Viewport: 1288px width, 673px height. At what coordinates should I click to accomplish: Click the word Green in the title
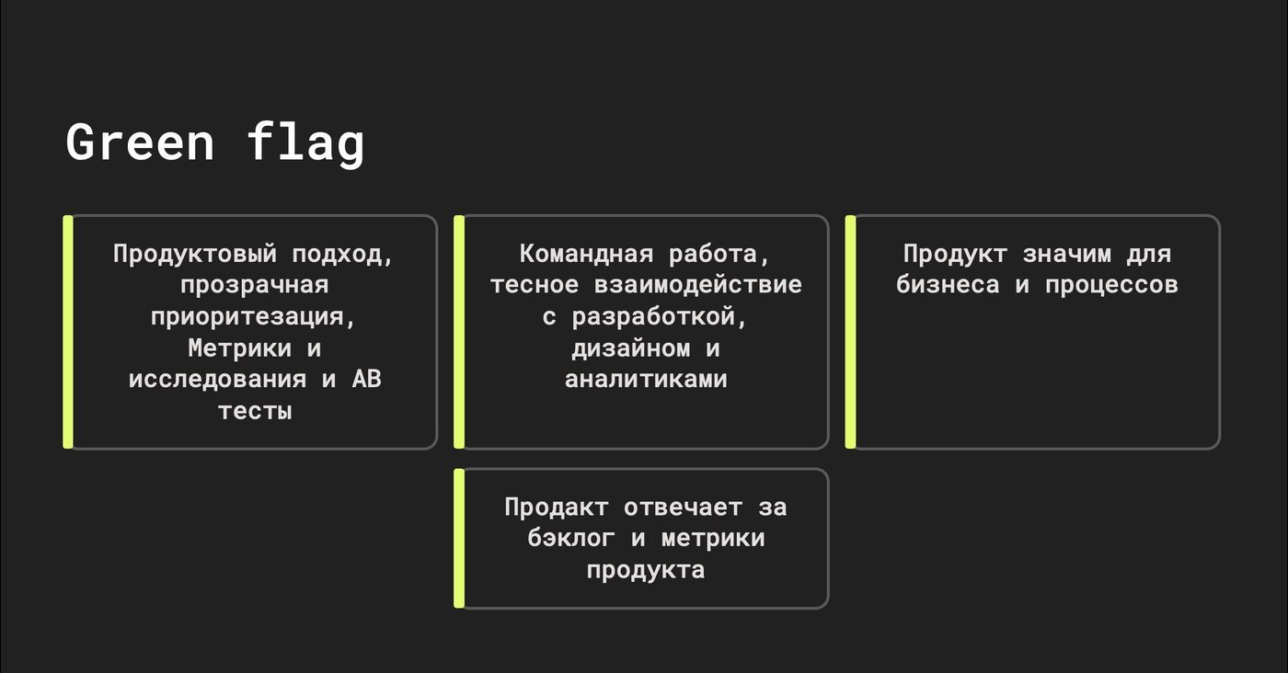[x=140, y=142]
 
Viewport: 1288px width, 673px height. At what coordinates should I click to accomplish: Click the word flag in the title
[x=305, y=143]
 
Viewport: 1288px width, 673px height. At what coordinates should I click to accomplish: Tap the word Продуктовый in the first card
[x=195, y=255]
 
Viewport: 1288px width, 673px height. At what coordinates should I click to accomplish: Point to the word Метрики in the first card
[x=240, y=348]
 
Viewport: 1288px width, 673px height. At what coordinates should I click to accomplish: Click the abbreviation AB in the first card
[x=367, y=380]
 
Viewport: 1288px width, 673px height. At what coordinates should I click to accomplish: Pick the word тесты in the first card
[x=255, y=412]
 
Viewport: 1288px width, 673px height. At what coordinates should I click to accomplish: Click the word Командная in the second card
[x=587, y=254]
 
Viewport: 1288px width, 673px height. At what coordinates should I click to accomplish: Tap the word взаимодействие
[x=698, y=285]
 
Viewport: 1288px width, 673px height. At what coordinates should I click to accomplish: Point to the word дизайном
[x=631, y=348]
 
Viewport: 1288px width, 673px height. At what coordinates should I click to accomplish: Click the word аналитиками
[x=646, y=380]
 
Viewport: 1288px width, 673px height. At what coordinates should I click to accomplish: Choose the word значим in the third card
[x=1066, y=255]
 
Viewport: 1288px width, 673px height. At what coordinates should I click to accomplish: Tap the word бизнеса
[x=948, y=285]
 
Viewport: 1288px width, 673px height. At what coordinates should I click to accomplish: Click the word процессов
[x=1111, y=286]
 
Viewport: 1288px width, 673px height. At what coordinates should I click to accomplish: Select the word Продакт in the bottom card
[x=557, y=508]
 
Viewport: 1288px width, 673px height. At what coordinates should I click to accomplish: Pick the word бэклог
[x=571, y=539]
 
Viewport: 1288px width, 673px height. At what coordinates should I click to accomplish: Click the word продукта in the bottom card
[x=646, y=571]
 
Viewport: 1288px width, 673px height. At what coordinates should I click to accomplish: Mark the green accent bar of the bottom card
[x=459, y=539]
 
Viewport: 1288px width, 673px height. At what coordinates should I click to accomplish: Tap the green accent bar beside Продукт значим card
[x=850, y=332]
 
